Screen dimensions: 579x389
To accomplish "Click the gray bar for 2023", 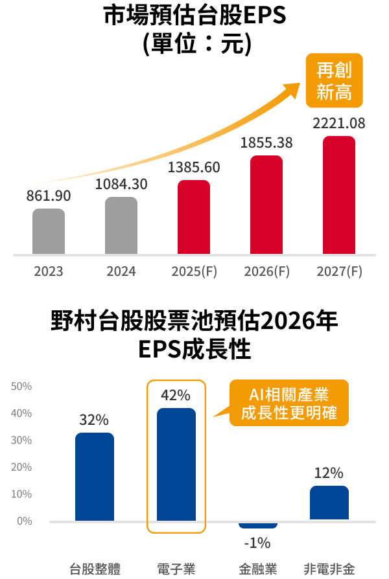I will (49, 231).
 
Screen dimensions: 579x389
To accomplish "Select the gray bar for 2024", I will (121, 225).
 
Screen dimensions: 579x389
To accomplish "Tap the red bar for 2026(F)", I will (266, 205).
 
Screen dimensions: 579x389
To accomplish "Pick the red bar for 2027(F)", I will (339, 195).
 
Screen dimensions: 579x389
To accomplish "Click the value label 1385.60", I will (194, 167).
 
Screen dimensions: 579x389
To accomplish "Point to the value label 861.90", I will (49, 196).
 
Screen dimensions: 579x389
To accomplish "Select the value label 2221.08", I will (339, 123).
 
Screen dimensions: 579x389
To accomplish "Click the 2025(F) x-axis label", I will (194, 271).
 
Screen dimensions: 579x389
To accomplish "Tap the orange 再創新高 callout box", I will (334, 80).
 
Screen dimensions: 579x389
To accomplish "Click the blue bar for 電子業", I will (176, 464).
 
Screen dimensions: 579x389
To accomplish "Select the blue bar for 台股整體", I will (95, 477).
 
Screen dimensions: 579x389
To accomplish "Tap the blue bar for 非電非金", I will (329, 503).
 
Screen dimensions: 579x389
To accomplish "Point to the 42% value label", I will (176, 394).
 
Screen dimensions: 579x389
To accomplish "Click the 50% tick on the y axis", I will (21, 387).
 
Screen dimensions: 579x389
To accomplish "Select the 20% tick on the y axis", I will (21, 467).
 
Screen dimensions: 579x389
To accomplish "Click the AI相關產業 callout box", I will (289, 403).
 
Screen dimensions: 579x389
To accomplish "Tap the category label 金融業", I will (258, 569).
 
